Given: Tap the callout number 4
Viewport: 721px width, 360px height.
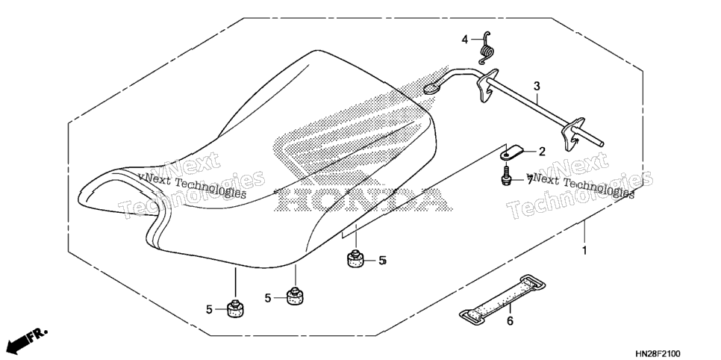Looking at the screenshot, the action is pyautogui.click(x=465, y=40).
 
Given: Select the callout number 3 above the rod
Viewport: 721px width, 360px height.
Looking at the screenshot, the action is pyautogui.click(x=537, y=87).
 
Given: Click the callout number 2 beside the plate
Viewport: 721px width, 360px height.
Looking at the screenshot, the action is pyautogui.click(x=542, y=152).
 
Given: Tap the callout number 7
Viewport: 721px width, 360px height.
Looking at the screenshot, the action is pyautogui.click(x=530, y=181).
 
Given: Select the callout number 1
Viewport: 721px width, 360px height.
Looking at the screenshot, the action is pyautogui.click(x=585, y=252).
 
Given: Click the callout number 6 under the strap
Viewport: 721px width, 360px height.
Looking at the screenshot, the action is pyautogui.click(x=510, y=321).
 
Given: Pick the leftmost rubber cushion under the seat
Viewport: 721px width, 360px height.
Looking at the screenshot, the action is pyautogui.click(x=235, y=308).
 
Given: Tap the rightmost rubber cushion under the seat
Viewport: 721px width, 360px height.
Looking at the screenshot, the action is pyautogui.click(x=355, y=258).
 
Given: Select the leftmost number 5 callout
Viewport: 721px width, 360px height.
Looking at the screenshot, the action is pyautogui.click(x=209, y=310).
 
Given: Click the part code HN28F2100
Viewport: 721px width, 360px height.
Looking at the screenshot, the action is pyautogui.click(x=658, y=353).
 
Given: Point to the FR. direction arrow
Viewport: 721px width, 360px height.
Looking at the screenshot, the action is pyautogui.click(x=27, y=339).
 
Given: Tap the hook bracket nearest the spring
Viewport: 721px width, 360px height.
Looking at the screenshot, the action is pyautogui.click(x=487, y=87).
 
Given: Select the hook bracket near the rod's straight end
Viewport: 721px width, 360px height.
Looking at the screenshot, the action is pyautogui.click(x=572, y=134).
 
